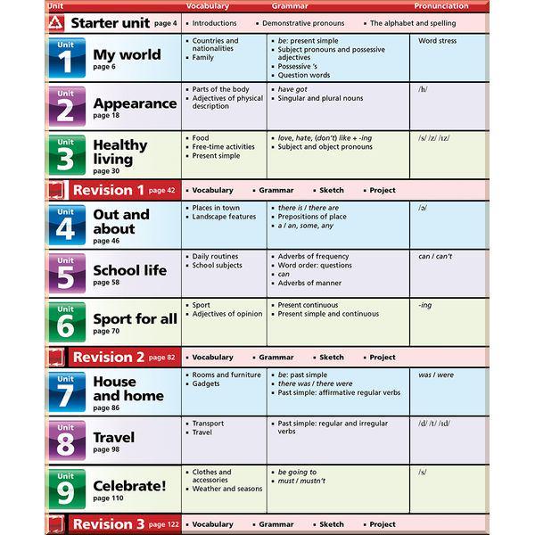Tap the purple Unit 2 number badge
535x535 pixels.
(x=66, y=106)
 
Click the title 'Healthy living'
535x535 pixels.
(x=120, y=152)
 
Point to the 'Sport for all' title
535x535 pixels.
(x=135, y=318)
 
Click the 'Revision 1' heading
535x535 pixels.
(x=108, y=190)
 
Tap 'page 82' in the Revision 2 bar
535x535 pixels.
(x=162, y=358)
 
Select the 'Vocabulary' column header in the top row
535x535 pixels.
(x=207, y=6)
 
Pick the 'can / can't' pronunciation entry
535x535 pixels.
(x=435, y=257)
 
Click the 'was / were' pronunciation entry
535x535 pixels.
(x=437, y=375)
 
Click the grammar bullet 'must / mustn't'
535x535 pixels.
(x=302, y=480)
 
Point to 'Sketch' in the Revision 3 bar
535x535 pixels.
(x=332, y=524)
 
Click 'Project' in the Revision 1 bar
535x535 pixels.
(x=383, y=190)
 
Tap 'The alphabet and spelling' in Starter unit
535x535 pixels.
(x=412, y=23)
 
